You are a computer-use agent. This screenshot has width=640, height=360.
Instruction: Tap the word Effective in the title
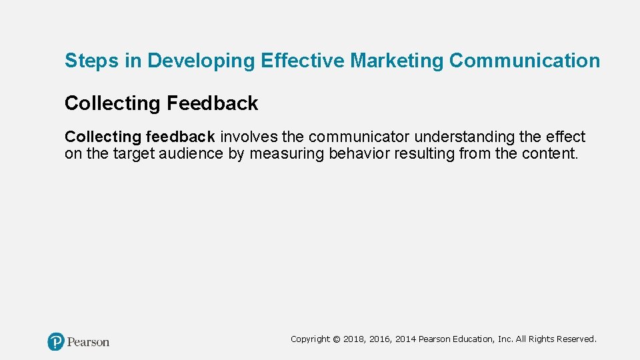[x=303, y=61]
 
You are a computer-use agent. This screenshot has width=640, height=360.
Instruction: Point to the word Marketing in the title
[x=397, y=61]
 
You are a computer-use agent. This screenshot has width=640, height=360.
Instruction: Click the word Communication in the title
[x=525, y=61]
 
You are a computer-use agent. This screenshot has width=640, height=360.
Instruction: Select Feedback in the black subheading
[x=212, y=103]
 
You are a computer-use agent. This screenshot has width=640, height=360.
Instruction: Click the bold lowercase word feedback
[x=180, y=137]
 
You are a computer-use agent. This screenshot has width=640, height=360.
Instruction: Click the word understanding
[x=465, y=137]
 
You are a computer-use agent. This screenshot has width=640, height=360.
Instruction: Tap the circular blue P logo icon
[x=56, y=342]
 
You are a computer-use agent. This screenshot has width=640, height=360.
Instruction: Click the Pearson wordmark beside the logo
[x=88, y=342]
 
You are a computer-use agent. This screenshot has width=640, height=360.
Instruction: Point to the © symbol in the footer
[x=337, y=339]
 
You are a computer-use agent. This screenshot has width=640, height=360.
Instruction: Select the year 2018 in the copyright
[x=354, y=339]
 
